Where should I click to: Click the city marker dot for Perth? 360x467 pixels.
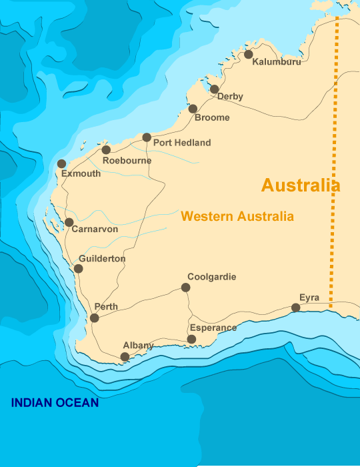(94, 318)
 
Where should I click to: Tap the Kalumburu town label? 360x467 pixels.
(277, 62)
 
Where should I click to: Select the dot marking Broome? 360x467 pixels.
(193, 109)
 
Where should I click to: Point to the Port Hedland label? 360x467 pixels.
(181, 143)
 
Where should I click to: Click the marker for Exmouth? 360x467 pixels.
(61, 163)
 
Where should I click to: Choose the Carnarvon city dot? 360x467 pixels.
(69, 222)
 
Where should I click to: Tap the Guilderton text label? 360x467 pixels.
(101, 259)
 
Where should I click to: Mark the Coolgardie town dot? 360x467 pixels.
(185, 288)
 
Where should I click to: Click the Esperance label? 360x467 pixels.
(213, 328)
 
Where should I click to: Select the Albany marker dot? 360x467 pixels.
(125, 357)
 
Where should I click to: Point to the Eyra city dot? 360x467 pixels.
(295, 308)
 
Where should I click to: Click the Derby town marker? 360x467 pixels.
(214, 89)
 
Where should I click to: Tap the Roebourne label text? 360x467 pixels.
(127, 161)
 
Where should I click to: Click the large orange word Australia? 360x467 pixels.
(301, 185)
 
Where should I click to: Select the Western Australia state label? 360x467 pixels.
(237, 217)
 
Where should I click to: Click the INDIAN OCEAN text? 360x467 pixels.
(55, 403)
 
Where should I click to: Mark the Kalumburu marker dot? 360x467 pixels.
(249, 54)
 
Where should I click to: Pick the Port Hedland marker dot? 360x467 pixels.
(147, 137)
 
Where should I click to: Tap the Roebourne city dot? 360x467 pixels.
(105, 150)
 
